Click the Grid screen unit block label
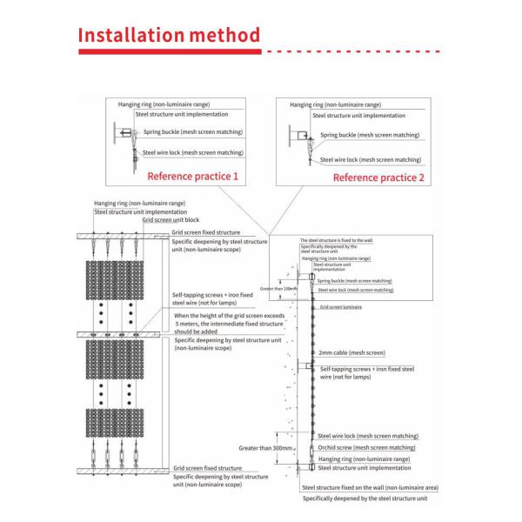pos(171,219)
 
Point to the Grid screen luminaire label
pos(340,308)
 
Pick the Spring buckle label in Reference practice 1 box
pos(196,132)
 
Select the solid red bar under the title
pos(170,52)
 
